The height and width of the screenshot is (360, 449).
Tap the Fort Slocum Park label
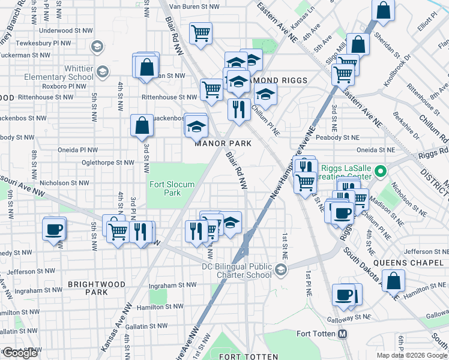click(172, 188)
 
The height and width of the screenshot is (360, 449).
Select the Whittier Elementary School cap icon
click(102, 73)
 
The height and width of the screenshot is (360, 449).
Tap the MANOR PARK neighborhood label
click(223, 143)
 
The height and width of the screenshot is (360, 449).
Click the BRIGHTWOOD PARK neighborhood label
click(96, 288)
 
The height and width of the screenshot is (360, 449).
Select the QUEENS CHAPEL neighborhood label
click(408, 263)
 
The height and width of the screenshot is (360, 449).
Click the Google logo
click(20, 353)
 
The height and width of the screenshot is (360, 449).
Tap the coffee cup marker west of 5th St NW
click(54, 229)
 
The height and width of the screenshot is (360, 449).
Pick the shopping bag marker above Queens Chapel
click(393, 280)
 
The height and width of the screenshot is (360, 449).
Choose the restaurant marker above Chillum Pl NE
click(238, 109)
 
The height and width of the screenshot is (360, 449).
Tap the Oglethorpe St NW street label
click(109, 162)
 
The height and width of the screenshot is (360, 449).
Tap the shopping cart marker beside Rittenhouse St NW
click(212, 89)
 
